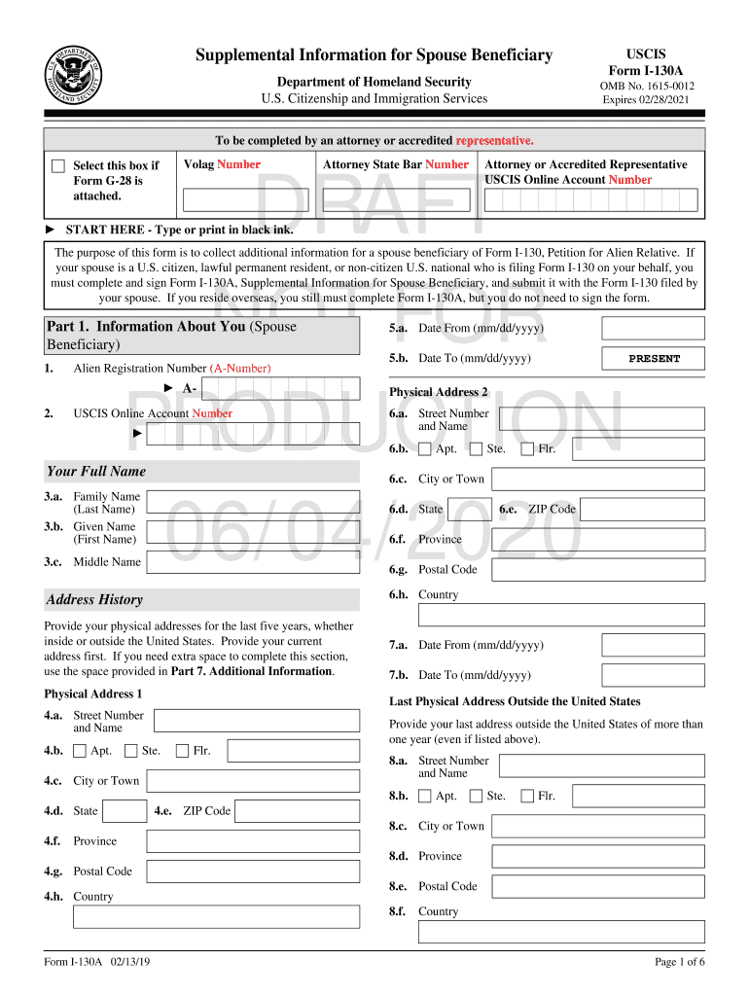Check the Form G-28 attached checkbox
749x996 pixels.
58,166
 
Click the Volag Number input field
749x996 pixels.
245,199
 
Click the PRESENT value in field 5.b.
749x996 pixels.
654,359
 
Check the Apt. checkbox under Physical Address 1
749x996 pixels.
80,751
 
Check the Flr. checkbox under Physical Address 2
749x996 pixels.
527,449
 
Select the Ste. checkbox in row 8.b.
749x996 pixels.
476,796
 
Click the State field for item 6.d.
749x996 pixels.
469,510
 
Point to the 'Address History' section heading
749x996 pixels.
94,600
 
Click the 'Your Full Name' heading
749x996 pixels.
96,472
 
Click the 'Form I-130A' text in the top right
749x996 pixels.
646,71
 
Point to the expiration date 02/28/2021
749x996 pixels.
646,99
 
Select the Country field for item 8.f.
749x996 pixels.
561,932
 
